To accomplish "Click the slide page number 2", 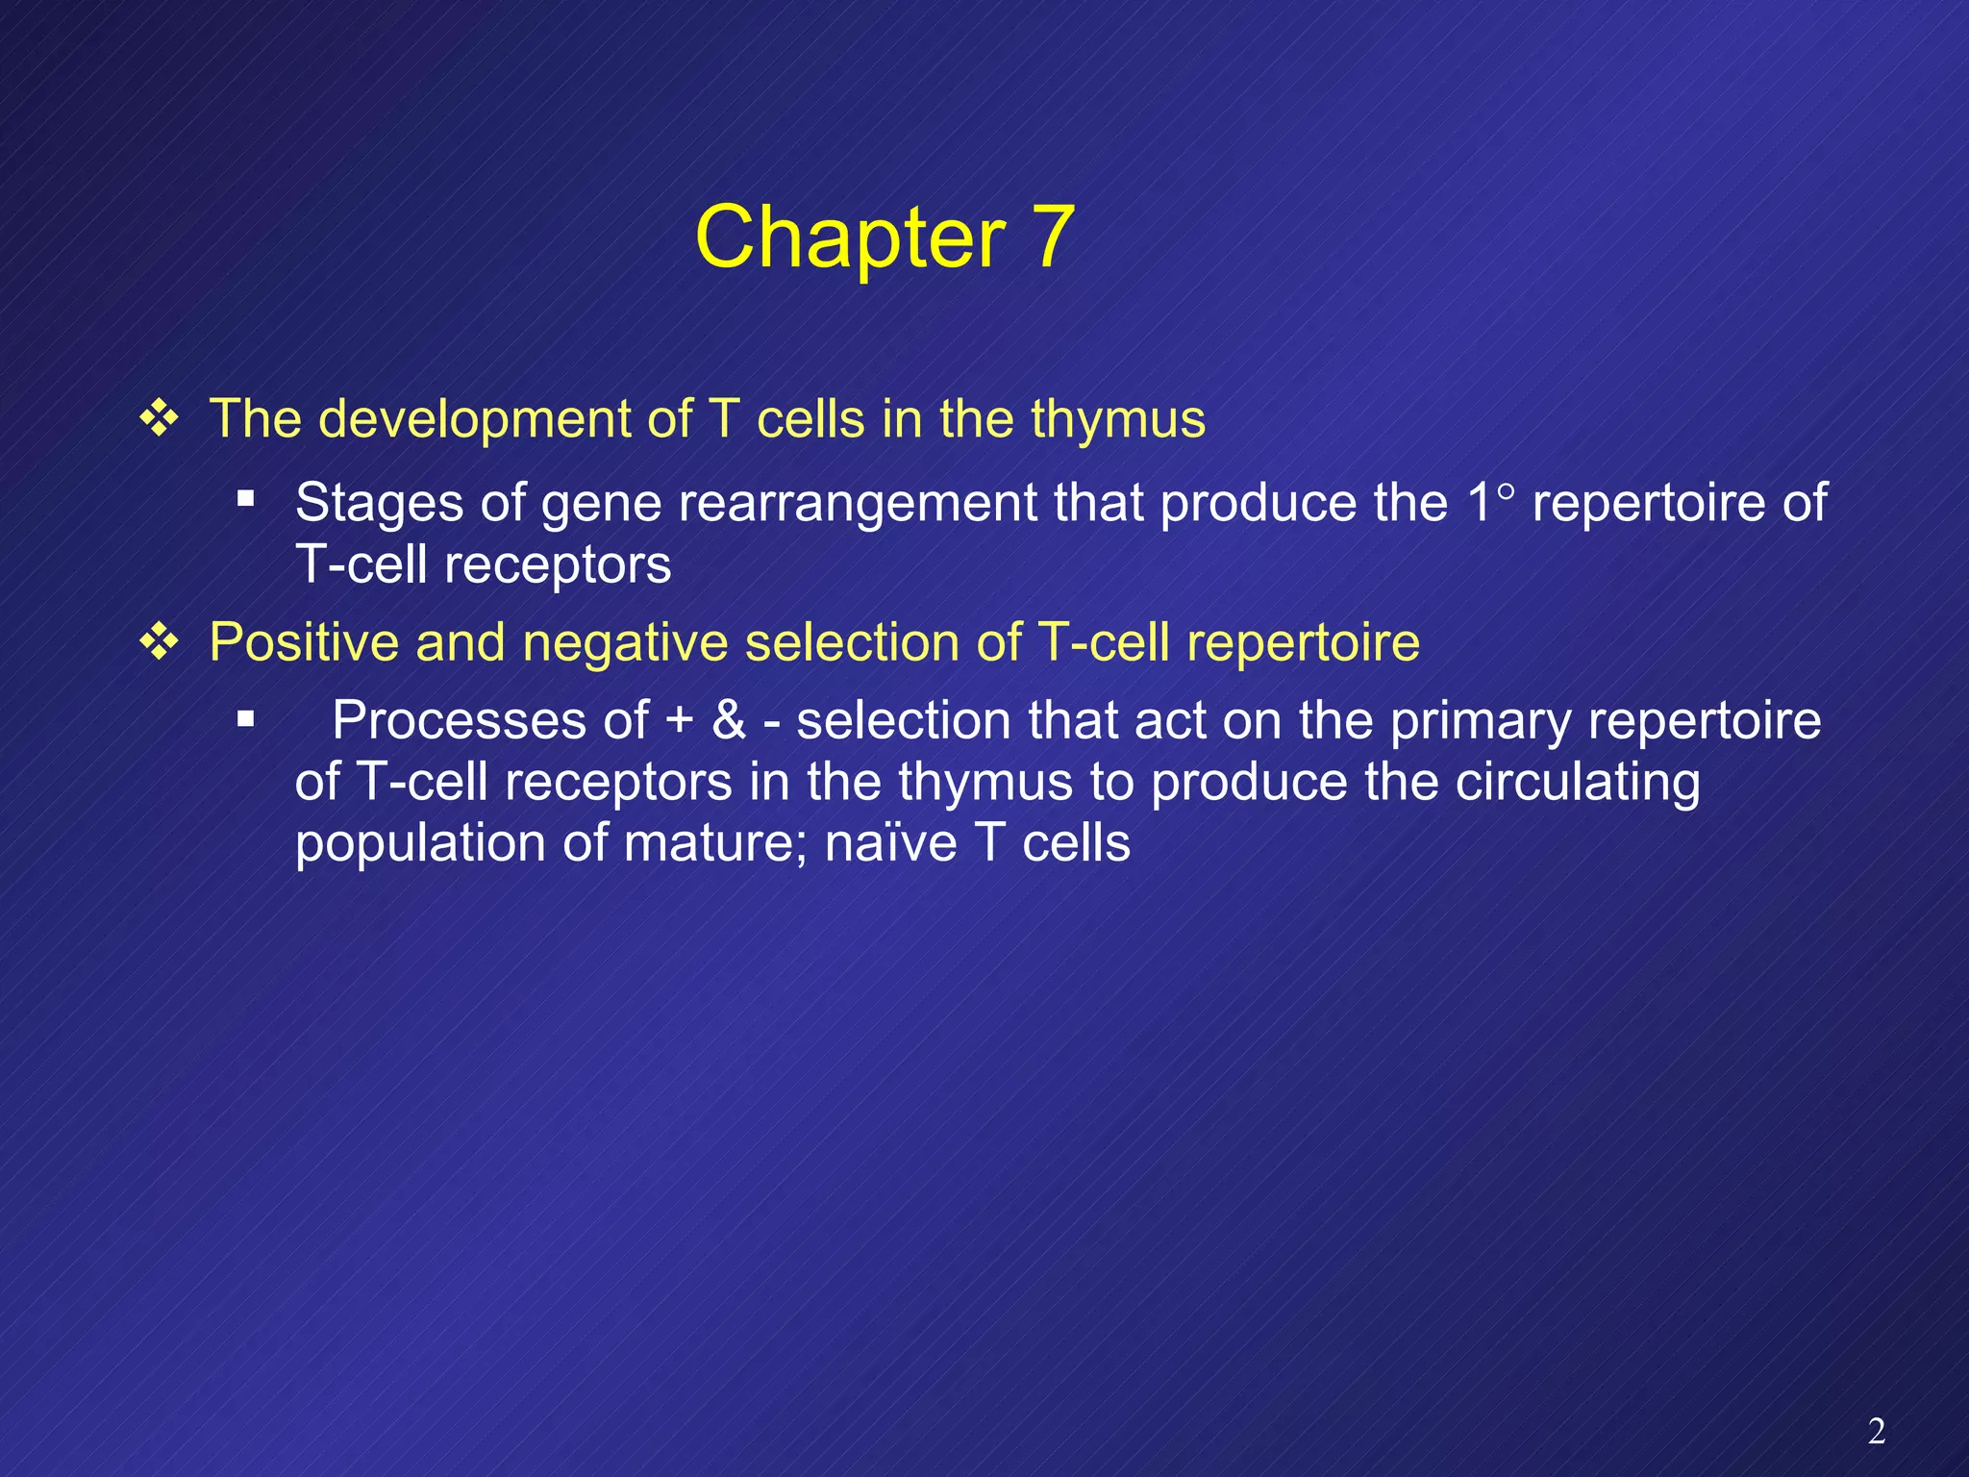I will (x=1876, y=1432).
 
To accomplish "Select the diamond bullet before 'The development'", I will (x=159, y=419).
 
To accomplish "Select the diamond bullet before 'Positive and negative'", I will (x=159, y=642).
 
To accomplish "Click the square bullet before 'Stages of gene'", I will (x=246, y=499).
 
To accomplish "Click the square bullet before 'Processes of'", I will (x=246, y=718).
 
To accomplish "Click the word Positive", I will (x=303, y=642).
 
